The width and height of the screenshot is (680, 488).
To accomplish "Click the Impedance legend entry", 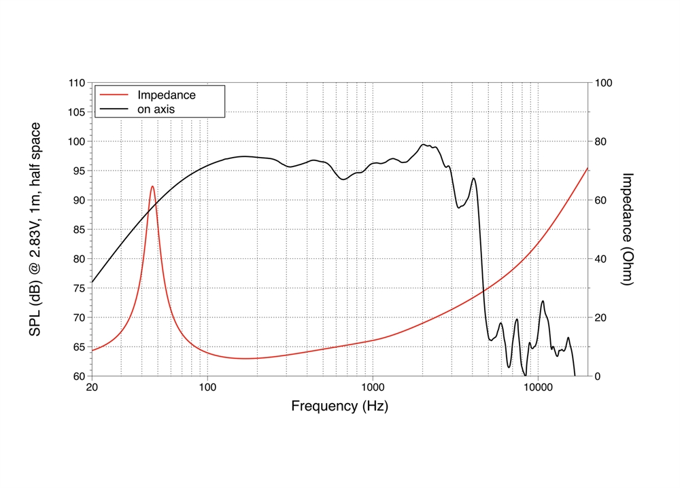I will (x=166, y=94).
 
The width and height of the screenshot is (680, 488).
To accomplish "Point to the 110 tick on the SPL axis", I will (x=76, y=83).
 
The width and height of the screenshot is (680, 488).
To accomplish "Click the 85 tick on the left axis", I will (x=79, y=230).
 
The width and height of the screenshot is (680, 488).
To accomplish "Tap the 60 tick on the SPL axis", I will (x=79, y=377).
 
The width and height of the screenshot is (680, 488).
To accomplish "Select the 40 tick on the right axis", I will (x=601, y=259).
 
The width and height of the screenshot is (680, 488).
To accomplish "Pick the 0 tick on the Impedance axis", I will (x=598, y=377).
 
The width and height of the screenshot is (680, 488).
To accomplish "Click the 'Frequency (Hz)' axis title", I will (x=340, y=406).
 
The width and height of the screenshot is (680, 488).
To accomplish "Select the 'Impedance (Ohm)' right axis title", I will (x=628, y=228).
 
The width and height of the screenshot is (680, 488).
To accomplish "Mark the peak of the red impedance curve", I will (x=152, y=186).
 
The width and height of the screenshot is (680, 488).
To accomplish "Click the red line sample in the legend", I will (x=114, y=95).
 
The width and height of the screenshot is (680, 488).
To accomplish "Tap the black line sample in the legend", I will (x=114, y=108).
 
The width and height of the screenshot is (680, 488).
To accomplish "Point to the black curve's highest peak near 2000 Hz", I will (x=424, y=145).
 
